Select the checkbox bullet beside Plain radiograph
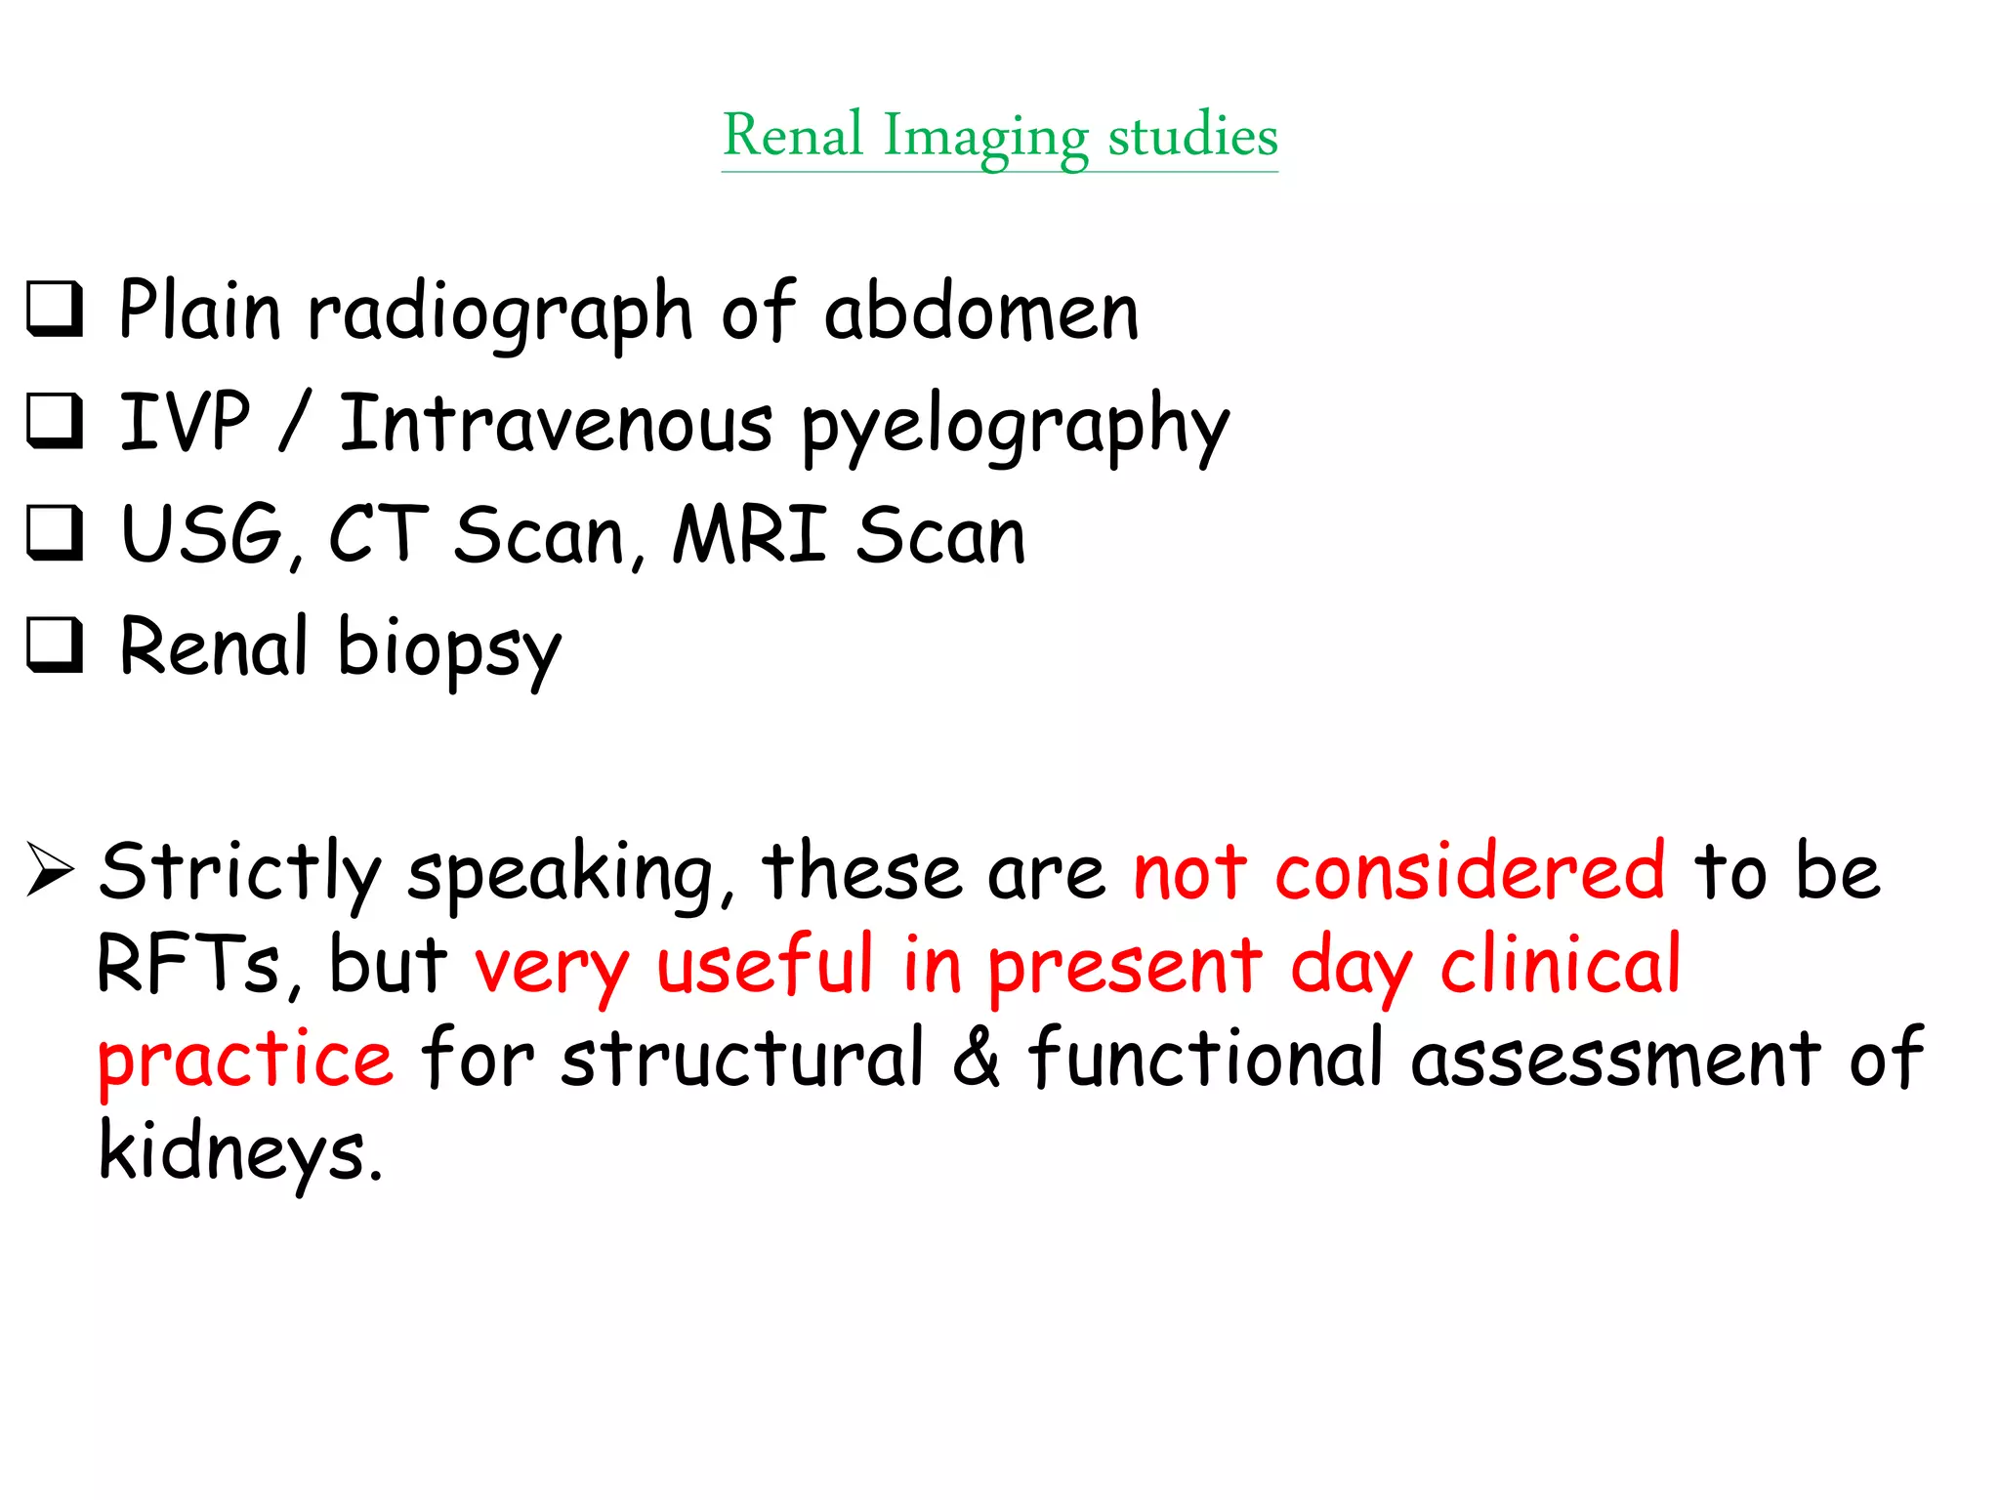55,310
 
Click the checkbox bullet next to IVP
55,421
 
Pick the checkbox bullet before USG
55,533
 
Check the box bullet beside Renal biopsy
55,646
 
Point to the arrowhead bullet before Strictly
50,868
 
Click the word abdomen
981,312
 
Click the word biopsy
449,648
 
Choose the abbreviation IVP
185,422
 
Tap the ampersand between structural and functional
976,1057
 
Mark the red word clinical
1561,964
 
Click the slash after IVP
294,422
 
